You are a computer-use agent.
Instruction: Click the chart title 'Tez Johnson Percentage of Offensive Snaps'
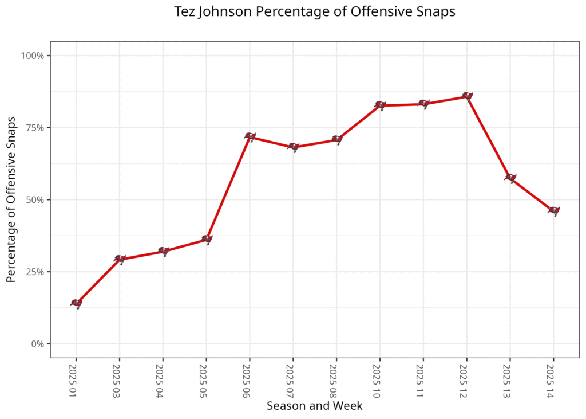(x=315, y=12)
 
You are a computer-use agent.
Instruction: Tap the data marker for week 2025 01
(x=76, y=303)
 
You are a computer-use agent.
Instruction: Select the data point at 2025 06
(x=250, y=136)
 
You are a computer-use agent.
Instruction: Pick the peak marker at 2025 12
(x=467, y=96)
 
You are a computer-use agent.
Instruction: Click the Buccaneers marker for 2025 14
(x=553, y=210)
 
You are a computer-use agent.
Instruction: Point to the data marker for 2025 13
(x=510, y=177)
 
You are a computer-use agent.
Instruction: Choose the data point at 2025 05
(x=207, y=238)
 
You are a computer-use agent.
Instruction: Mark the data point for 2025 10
(x=380, y=105)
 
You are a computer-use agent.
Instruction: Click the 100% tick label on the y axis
(x=33, y=56)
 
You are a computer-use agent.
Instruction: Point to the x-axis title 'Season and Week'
(x=314, y=406)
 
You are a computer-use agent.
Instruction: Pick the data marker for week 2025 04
(x=163, y=251)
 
